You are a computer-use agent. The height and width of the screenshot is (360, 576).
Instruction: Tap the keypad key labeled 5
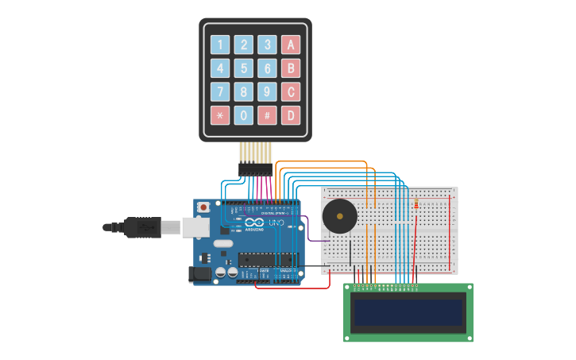coord(244,68)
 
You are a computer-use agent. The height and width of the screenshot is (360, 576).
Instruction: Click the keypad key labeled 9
coord(268,92)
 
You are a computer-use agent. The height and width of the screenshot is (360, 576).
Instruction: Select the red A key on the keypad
coord(291,45)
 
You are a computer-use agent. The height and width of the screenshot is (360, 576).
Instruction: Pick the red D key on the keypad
coord(291,115)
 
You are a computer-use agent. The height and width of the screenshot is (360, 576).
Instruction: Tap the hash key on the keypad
coord(268,115)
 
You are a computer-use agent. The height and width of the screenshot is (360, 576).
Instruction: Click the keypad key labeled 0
coord(244,115)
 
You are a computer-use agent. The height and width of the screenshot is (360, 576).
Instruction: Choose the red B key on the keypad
coord(291,68)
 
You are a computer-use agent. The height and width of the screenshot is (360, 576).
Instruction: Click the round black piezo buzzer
coord(339,215)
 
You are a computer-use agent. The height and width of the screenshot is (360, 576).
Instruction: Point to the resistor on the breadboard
coord(416,205)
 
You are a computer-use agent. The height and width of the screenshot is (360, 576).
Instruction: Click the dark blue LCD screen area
coord(408,313)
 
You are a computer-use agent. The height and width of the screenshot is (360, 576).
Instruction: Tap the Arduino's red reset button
coord(203,207)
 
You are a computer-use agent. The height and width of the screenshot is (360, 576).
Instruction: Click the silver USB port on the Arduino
coord(195,227)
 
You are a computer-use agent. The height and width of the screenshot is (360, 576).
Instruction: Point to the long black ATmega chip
coord(268,258)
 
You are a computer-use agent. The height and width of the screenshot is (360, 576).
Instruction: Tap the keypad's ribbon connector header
coord(255,168)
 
